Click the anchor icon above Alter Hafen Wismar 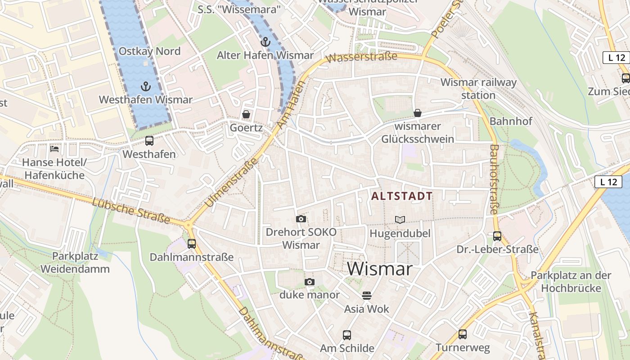265,42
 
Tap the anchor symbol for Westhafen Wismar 145,86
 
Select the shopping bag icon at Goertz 246,114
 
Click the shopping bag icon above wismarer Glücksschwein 418,113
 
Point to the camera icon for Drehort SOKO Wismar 301,219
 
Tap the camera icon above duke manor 309,282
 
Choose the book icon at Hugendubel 400,220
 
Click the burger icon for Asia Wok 367,296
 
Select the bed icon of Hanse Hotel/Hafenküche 54,148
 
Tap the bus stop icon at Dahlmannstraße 192,244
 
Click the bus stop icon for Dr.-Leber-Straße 497,236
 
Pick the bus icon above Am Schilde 347,335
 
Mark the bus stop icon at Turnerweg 463,334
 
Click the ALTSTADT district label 402,196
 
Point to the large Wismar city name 380,269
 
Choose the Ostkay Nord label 149,51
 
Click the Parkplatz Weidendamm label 75,263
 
